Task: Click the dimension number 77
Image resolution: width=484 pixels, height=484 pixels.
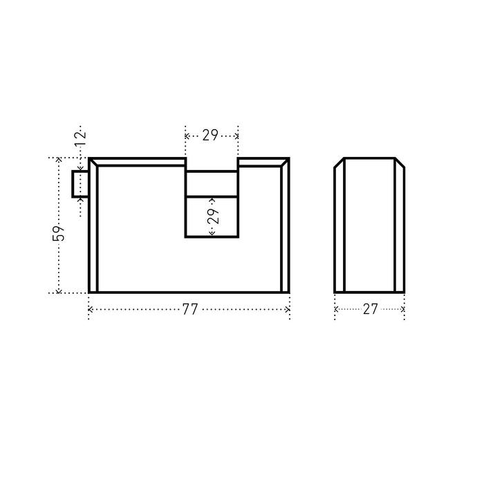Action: pos(190,309)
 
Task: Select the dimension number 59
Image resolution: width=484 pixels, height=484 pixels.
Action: pos(58,234)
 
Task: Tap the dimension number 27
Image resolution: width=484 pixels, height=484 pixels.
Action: pos(370,309)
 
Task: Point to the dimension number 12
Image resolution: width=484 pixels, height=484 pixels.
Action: pos(80,139)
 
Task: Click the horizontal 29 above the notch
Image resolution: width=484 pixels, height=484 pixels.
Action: pos(210,136)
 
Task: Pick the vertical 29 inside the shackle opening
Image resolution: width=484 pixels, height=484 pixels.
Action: pos(213,216)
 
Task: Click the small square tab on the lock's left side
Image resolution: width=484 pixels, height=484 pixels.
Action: pos(80,184)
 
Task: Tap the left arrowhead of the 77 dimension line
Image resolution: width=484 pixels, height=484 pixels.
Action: pos(90,309)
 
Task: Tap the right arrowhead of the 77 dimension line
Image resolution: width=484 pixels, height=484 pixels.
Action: pos(288,309)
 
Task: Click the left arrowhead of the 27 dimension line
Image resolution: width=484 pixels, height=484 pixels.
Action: pos(337,309)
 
